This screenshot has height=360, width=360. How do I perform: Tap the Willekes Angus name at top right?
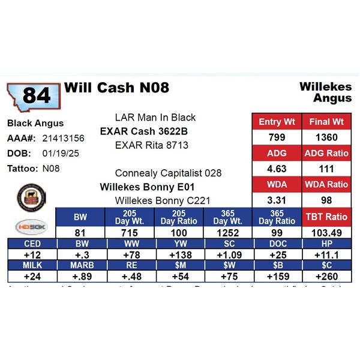tap(325, 92)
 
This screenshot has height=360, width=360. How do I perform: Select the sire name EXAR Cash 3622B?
tap(144, 131)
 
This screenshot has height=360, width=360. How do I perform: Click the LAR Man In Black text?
tap(155, 118)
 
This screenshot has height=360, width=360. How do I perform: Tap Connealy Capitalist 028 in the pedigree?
tap(168, 173)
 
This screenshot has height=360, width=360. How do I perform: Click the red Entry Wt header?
tap(277, 122)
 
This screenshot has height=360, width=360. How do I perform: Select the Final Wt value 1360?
tap(326, 137)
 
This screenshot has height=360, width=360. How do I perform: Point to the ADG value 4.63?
tap(277, 169)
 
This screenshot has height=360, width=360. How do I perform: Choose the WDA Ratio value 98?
tap(326, 200)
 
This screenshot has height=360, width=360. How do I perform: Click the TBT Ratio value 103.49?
tap(326, 232)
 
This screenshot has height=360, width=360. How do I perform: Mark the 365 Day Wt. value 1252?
tap(228, 232)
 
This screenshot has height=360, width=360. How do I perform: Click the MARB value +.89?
tap(80, 277)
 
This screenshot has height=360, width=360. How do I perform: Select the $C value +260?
tap(327, 277)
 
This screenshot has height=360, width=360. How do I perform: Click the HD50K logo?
tap(29, 226)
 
